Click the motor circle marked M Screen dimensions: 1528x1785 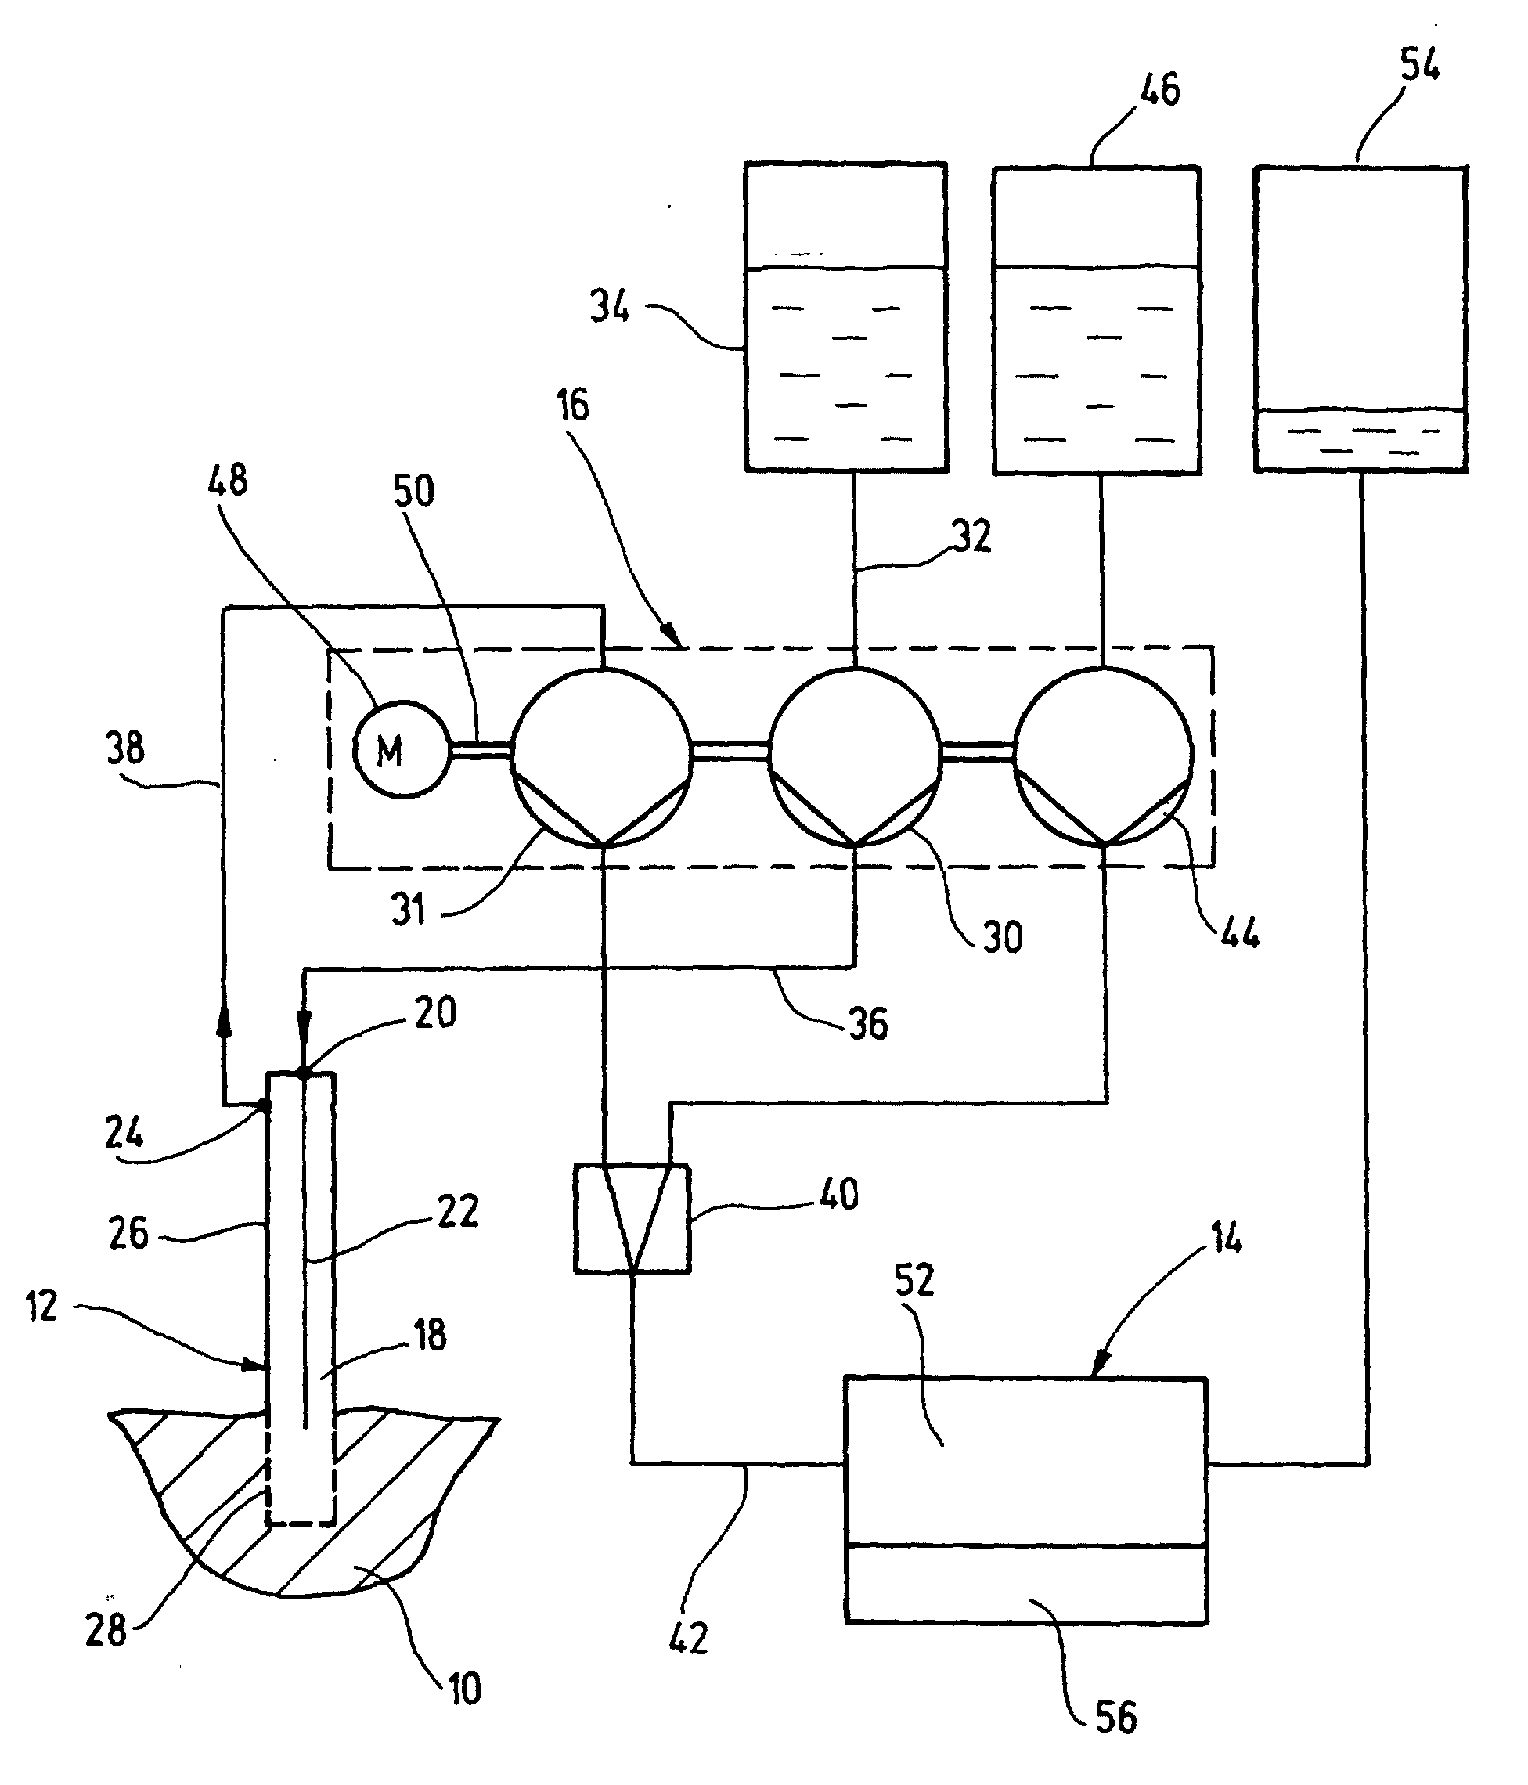point(402,749)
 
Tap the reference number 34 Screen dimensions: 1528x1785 point(610,307)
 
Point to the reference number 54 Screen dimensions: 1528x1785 point(1419,65)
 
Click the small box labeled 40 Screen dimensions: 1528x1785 point(632,1218)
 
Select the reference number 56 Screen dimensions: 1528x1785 point(1116,1717)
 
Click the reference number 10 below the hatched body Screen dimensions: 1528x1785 point(464,1689)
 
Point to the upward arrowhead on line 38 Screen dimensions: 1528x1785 point(224,1022)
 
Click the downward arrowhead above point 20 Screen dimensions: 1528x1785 point(303,1022)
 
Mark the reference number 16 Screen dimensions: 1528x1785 point(573,405)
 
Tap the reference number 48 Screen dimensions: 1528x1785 point(227,481)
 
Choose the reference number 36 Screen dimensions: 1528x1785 point(868,1024)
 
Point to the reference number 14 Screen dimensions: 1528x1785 point(1227,1239)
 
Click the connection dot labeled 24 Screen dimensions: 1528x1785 point(265,1104)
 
